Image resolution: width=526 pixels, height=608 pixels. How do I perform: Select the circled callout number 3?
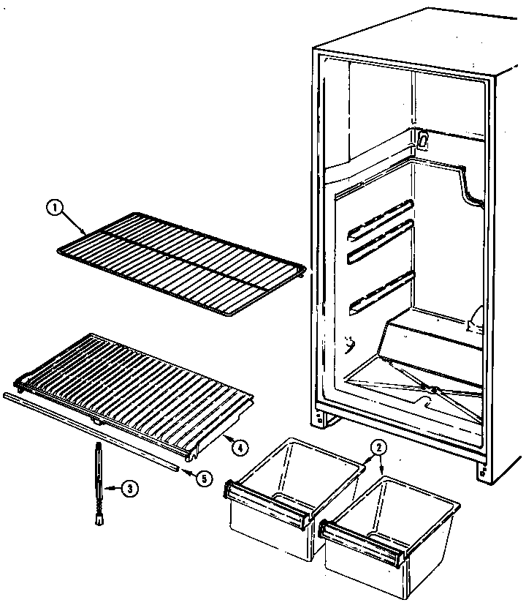coord(129,489)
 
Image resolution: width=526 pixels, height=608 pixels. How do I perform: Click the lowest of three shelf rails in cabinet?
coord(382,293)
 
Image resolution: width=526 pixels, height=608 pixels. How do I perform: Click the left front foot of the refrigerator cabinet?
coord(321,419)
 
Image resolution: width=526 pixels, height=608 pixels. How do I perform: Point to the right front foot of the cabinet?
coord(483,472)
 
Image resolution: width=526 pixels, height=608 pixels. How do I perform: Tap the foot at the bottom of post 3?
coord(97,518)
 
